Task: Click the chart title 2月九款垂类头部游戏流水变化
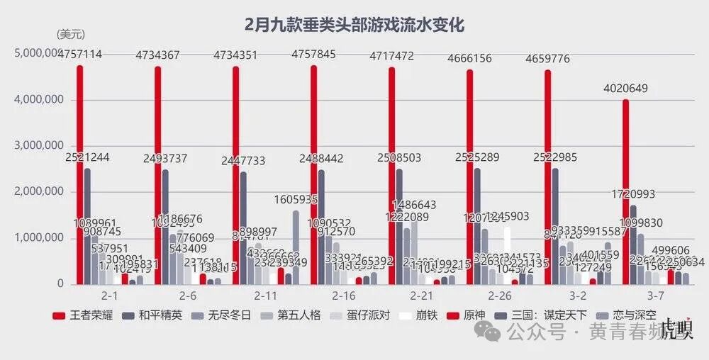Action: click(x=354, y=26)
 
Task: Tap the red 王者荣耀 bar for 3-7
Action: click(x=625, y=191)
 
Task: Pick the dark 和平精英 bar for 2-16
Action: click(x=321, y=227)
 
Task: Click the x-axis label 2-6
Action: click(x=188, y=294)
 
